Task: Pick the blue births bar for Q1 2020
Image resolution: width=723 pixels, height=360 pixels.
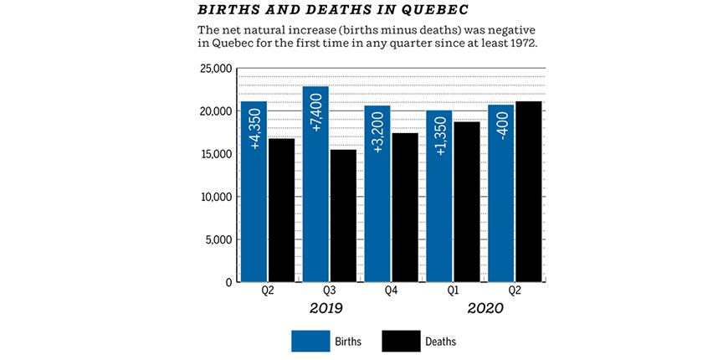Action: pyautogui.click(x=439, y=201)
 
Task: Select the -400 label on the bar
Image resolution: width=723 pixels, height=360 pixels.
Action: pyautogui.click(x=501, y=126)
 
